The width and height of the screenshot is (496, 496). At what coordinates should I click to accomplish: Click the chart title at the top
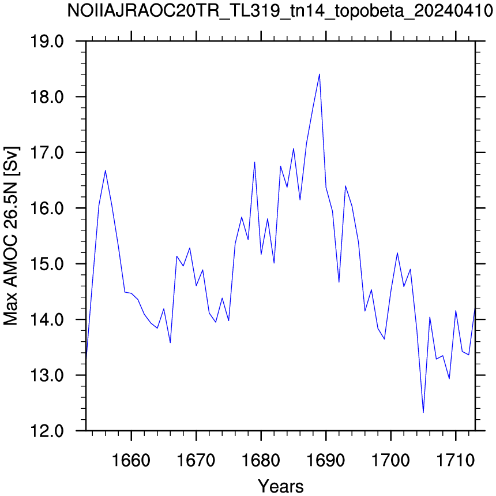[280, 12]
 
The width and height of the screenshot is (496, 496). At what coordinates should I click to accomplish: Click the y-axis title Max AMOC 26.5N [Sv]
[12, 236]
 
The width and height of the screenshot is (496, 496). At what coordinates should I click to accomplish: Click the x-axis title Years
[280, 486]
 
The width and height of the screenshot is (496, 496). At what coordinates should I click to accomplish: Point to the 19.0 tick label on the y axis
[47, 41]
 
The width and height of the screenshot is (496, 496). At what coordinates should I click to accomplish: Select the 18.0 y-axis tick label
[47, 97]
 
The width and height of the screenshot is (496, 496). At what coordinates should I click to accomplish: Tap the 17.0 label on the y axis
[47, 152]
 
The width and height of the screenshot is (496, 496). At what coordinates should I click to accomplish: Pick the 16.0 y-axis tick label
[47, 208]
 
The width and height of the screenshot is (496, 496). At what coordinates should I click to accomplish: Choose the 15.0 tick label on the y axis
[47, 264]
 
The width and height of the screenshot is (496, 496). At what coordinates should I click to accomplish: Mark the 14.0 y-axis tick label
[47, 319]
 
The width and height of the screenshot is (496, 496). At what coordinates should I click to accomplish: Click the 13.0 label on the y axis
[47, 375]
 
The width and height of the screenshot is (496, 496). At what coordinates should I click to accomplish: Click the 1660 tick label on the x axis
[131, 460]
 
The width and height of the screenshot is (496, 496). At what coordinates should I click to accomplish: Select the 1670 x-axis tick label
[196, 460]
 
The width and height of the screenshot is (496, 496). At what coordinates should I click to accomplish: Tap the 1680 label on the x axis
[261, 460]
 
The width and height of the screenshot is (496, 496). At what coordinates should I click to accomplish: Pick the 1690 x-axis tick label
[325, 460]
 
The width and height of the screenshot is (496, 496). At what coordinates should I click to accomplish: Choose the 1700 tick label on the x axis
[390, 460]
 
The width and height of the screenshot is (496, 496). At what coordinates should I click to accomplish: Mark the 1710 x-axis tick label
[456, 460]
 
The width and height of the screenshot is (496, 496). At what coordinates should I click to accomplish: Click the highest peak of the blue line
[320, 74]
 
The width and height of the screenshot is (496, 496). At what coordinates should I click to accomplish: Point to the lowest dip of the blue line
[423, 412]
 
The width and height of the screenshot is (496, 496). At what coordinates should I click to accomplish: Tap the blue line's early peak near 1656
[106, 171]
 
